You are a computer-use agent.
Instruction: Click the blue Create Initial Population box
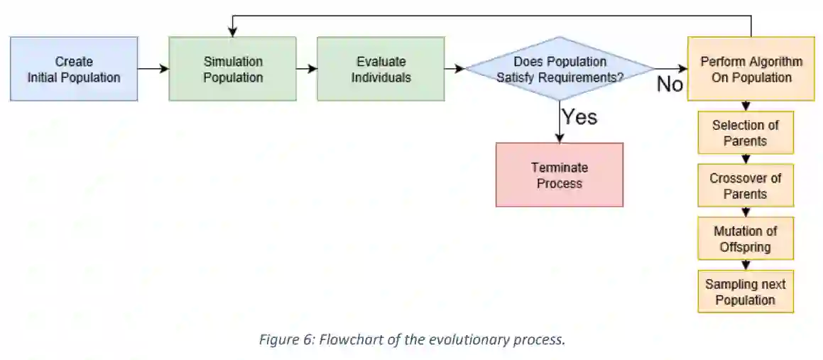tap(74, 69)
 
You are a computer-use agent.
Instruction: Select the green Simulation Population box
tap(233, 69)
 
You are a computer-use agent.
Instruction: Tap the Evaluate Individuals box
tap(381, 69)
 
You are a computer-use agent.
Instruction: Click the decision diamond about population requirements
tap(560, 69)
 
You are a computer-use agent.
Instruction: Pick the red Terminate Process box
tap(560, 175)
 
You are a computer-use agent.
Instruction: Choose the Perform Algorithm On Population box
tap(751, 69)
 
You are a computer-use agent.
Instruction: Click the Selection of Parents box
tap(745, 133)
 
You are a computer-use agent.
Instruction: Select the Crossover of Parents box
tap(745, 186)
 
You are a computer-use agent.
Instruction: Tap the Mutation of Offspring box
tap(745, 239)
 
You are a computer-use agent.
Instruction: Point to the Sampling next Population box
tap(745, 292)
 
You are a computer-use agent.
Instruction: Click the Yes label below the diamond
tap(579, 116)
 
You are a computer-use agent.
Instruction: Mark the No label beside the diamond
tap(669, 84)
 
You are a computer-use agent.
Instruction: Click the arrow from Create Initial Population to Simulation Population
tap(153, 69)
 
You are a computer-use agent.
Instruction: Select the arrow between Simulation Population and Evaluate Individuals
tap(307, 69)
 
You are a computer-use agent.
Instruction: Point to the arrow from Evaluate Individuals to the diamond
tap(454, 69)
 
